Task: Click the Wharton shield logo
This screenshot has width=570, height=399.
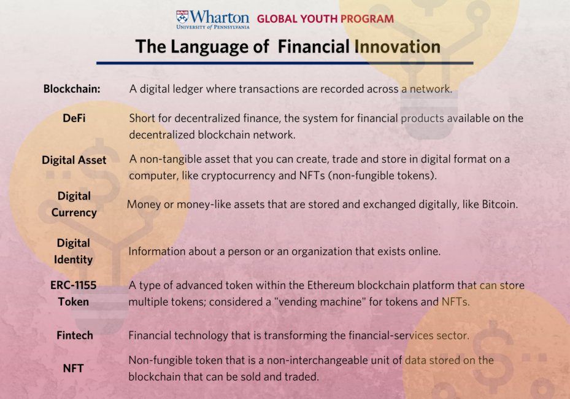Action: tap(182, 17)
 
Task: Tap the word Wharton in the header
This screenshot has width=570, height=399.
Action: tap(220, 17)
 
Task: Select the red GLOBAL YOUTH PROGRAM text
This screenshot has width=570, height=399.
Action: tap(325, 19)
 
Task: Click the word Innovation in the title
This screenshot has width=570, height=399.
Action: tap(398, 47)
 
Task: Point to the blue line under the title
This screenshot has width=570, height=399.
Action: tap(285, 63)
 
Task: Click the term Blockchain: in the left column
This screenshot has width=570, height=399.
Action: tap(72, 89)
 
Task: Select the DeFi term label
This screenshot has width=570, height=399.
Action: tap(74, 118)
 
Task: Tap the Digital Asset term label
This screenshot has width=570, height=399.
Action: tap(74, 160)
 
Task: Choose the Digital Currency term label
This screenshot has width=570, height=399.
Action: tap(74, 204)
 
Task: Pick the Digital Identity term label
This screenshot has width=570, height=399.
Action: tap(74, 251)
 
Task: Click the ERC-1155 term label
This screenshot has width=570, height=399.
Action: tap(74, 285)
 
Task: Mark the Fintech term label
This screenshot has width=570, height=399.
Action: tap(74, 335)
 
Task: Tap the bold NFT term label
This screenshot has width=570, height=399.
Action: tap(73, 368)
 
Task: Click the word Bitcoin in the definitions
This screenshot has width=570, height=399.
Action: tap(499, 204)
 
